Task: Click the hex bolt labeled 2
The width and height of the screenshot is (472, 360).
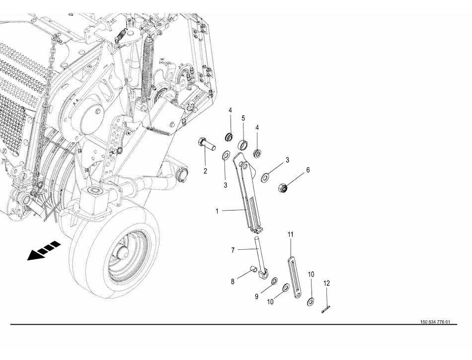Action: point(206,144)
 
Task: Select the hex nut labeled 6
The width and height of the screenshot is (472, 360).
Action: point(283,188)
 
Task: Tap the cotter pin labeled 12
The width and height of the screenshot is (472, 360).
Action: point(326,310)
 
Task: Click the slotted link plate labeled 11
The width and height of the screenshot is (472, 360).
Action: point(294,277)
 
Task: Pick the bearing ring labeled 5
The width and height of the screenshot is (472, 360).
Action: point(243,144)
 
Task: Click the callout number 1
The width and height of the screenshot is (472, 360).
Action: point(217,212)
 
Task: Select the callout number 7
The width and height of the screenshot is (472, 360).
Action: point(233,250)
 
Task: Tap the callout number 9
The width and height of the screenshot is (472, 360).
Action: point(257,297)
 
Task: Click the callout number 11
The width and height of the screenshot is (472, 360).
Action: point(291,234)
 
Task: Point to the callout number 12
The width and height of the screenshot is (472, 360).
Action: point(326,284)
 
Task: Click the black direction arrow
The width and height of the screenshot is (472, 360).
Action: point(44,250)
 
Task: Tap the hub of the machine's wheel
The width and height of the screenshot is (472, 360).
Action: point(122,254)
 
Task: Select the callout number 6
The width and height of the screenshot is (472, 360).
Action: point(308,170)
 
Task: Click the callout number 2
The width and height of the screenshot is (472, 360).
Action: point(205,171)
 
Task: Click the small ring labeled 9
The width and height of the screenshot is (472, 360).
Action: point(275,281)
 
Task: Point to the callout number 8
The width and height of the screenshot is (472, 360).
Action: point(233,282)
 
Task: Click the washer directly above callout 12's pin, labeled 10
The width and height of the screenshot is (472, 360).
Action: point(311,301)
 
